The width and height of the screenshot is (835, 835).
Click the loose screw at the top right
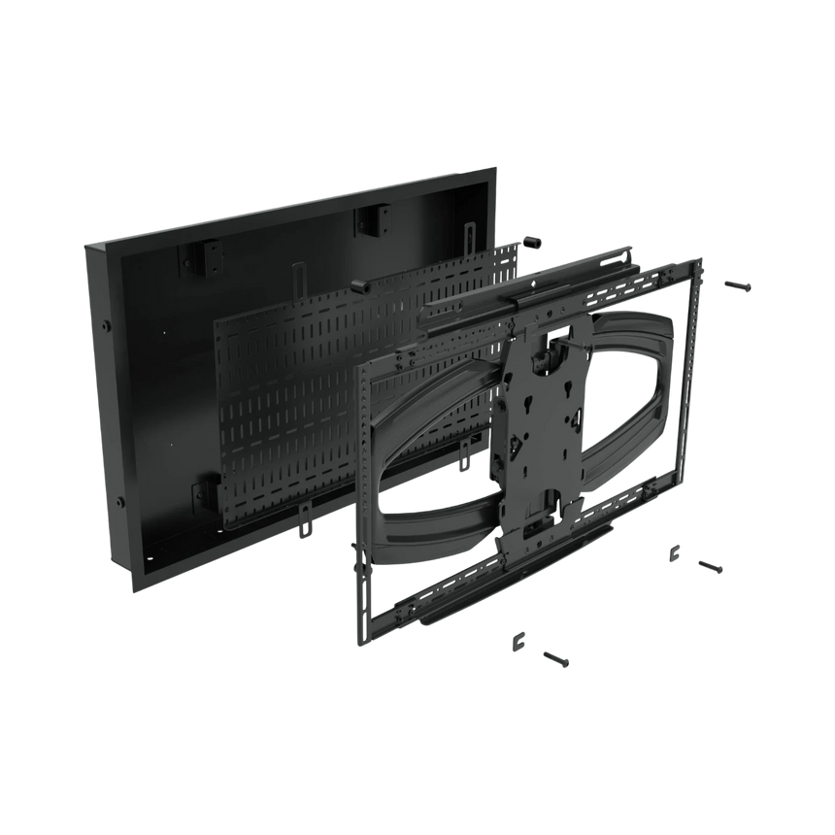click(739, 285)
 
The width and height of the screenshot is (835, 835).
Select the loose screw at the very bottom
click(556, 658)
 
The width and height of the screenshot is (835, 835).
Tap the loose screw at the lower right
click(711, 566)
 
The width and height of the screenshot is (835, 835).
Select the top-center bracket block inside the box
click(370, 220)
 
